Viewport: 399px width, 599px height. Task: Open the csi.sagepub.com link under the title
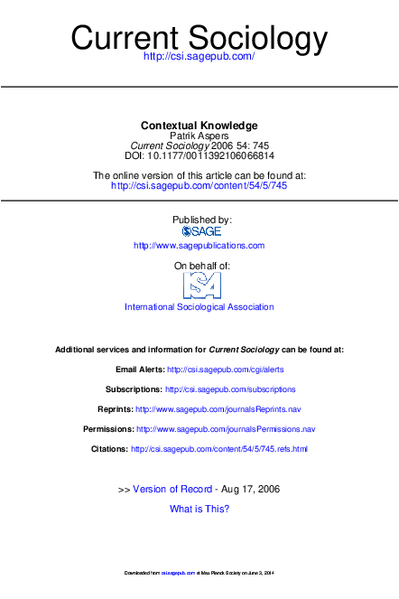(199, 57)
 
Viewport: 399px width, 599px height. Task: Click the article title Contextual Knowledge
(199, 125)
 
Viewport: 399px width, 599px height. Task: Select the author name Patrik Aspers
(199, 136)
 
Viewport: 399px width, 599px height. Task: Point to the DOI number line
(199, 155)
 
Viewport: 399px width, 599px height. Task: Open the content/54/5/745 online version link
(199, 185)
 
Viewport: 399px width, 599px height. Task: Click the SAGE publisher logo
(200, 231)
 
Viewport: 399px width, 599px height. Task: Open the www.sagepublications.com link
(199, 246)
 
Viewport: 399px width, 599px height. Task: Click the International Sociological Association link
(199, 307)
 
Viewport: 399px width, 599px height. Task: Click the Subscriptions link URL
(230, 389)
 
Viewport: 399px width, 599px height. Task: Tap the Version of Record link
(172, 489)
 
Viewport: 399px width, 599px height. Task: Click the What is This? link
(199, 509)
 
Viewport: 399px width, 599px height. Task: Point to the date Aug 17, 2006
(250, 489)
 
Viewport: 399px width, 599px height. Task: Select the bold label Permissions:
(107, 429)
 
